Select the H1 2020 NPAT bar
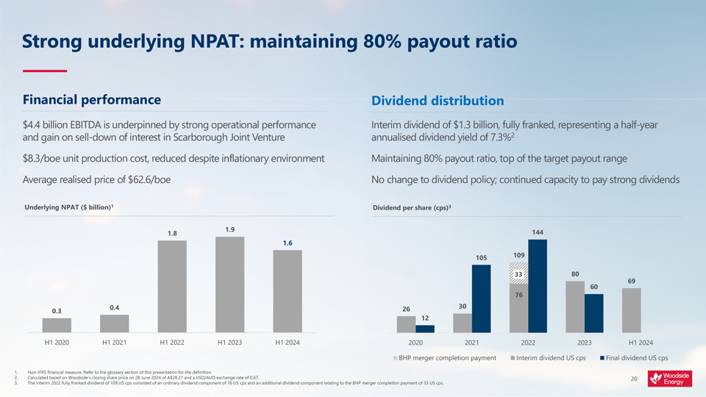57,326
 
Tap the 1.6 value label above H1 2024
288,243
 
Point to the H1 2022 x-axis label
171,343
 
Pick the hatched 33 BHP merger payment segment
518,273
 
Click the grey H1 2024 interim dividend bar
632,311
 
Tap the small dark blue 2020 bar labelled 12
425,329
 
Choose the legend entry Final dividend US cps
634,358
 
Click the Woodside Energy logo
670,379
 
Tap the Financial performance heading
92,99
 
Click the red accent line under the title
45,71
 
